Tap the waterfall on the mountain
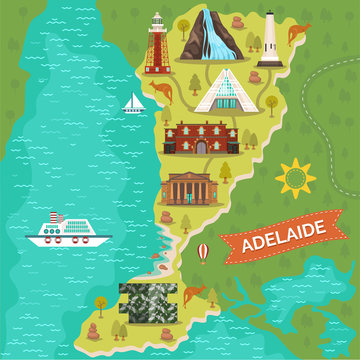211,38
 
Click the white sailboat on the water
133,102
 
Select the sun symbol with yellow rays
296,177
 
